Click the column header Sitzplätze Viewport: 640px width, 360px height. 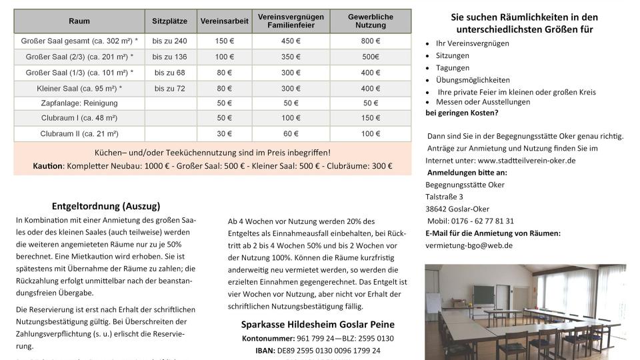(174, 21)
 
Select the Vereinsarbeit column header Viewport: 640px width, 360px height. (224, 21)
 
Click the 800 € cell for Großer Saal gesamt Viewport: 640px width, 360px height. (371, 41)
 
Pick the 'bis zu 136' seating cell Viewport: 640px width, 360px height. (169, 57)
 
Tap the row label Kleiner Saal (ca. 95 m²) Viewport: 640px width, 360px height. (79, 88)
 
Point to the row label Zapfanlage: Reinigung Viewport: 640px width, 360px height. (79, 103)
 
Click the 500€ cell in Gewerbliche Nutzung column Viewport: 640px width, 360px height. (371, 57)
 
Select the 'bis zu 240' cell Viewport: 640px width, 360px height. (169, 41)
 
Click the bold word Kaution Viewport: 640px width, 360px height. (47, 166)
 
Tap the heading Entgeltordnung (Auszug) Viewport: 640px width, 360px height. (106, 207)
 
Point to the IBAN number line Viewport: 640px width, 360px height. (317, 350)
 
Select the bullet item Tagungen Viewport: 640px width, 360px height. (453, 68)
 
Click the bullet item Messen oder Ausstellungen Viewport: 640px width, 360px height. (483, 102)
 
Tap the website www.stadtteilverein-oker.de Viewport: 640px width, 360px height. (527, 161)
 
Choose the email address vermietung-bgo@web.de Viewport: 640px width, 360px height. (469, 245)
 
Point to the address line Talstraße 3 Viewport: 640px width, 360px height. (444, 197)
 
